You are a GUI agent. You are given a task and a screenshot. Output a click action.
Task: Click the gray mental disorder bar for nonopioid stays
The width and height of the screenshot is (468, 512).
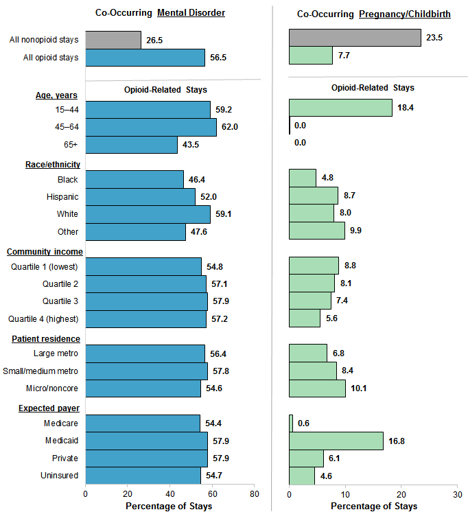pyautogui.click(x=113, y=40)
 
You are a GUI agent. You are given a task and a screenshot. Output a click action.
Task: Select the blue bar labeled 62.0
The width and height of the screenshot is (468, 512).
pyautogui.click(x=151, y=127)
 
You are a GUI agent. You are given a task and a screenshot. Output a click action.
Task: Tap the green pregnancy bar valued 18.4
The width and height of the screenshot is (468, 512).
pyautogui.click(x=340, y=108)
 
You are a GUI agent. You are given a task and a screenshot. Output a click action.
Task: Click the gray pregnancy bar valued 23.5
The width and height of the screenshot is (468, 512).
pyautogui.click(x=355, y=38)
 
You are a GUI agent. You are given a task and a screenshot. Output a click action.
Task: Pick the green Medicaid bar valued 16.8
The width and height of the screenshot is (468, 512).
pyautogui.click(x=336, y=441)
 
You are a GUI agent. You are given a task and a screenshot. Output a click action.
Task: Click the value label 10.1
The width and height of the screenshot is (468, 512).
pyautogui.click(x=360, y=388)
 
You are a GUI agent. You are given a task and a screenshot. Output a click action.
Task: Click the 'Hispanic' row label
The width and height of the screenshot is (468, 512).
pyautogui.click(x=62, y=197)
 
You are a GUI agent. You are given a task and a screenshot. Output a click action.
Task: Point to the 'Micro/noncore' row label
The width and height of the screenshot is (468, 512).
pyautogui.click(x=55, y=388)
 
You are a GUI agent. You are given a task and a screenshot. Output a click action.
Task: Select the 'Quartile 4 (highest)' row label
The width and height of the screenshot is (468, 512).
pyautogui.click(x=43, y=318)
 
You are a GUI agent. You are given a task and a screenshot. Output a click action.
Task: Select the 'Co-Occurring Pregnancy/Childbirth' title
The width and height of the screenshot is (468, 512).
pyautogui.click(x=373, y=14)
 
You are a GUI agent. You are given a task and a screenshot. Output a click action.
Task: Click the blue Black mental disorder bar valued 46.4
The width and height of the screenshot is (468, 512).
pyautogui.click(x=134, y=179)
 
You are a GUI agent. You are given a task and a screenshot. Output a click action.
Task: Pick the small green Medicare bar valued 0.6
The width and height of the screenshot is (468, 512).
pyautogui.click(x=291, y=423)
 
